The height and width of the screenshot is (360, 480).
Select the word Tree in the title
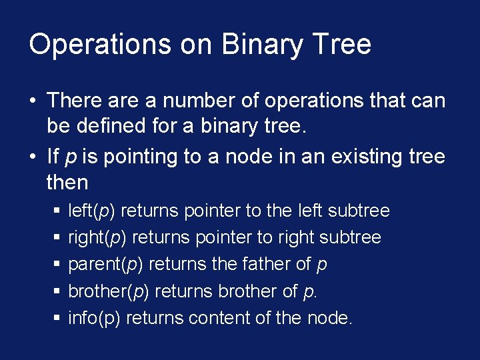342,45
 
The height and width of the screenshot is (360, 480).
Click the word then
67,183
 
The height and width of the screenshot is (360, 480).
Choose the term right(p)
96,238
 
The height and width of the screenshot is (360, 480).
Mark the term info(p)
94,318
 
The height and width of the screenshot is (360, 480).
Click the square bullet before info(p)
56,319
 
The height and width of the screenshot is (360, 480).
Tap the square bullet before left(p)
56,212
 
